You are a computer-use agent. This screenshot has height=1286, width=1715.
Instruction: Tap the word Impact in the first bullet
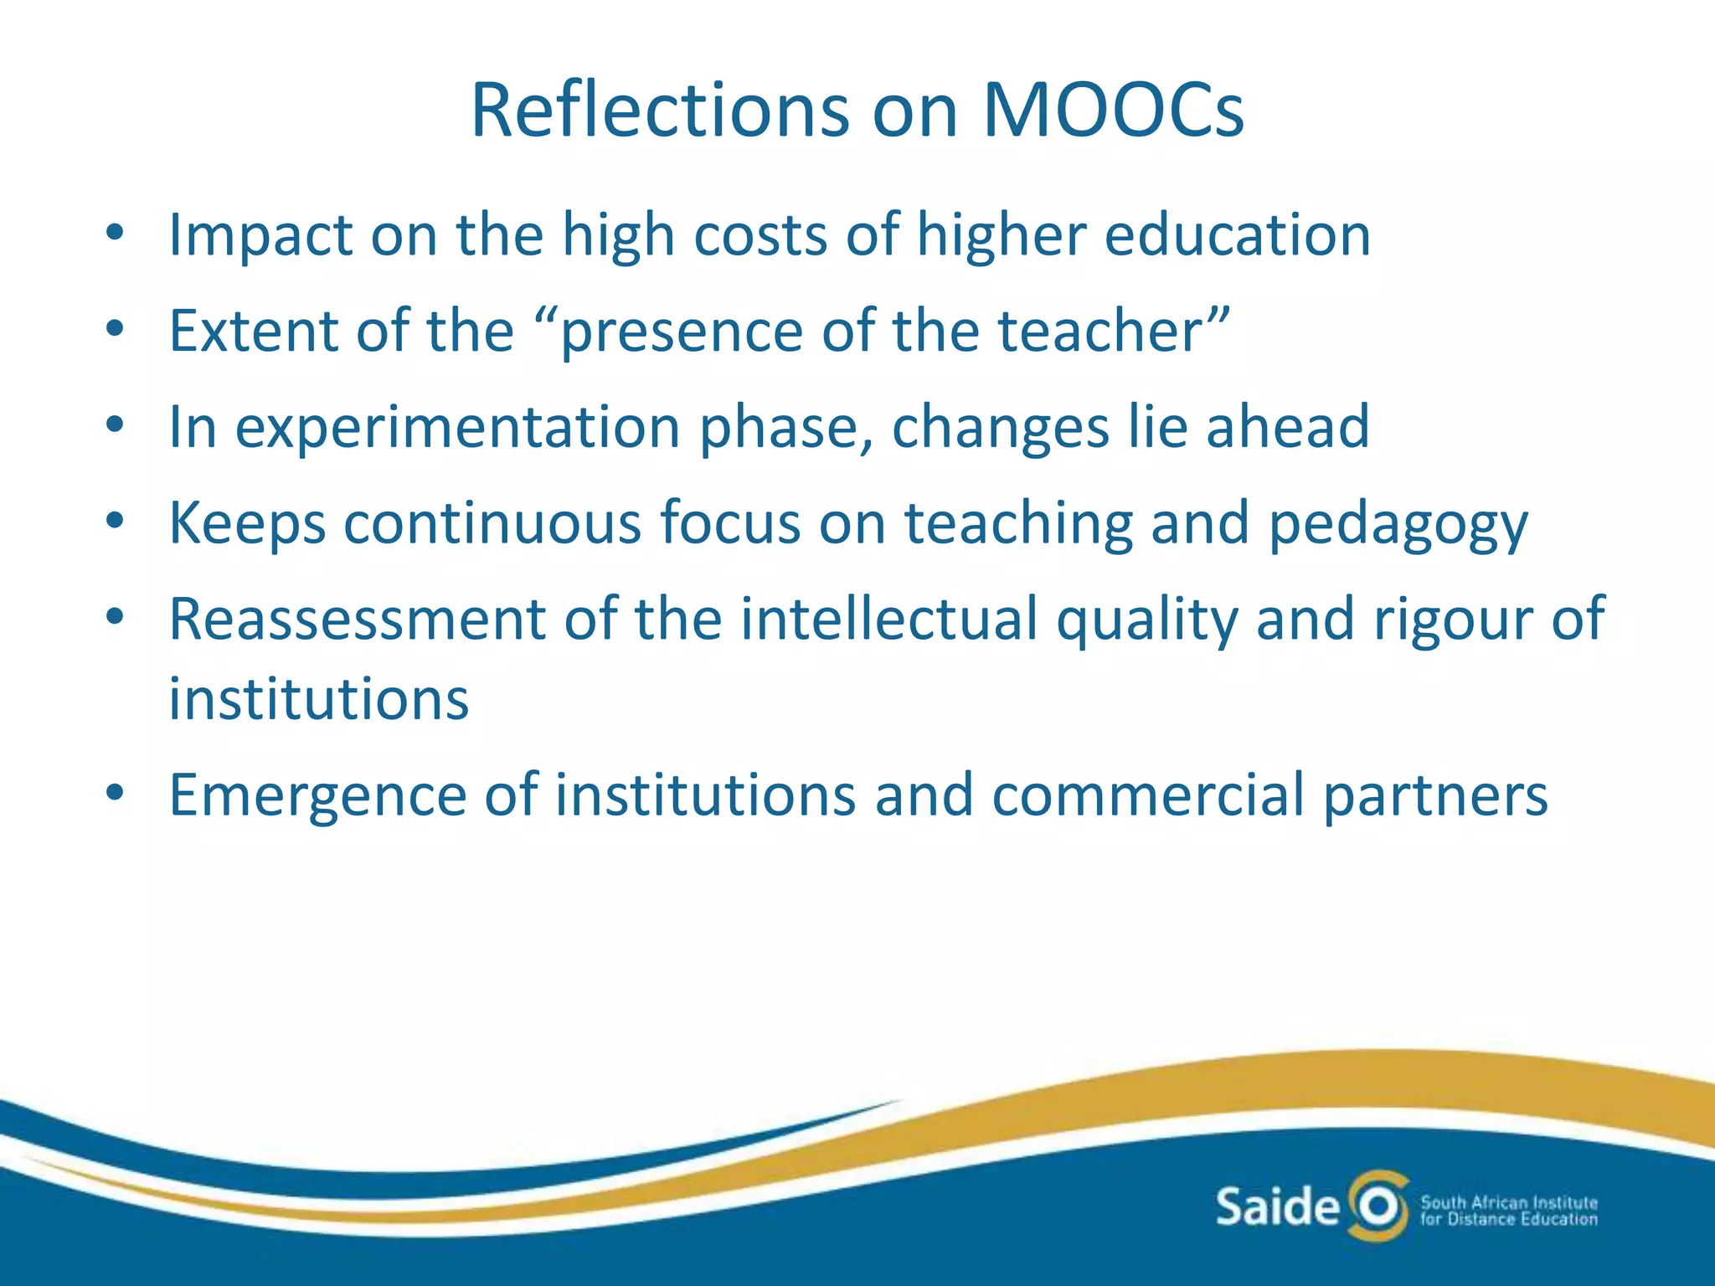point(260,235)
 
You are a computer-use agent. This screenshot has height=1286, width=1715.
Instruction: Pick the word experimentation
point(457,428)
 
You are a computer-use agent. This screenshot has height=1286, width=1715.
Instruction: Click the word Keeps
point(247,524)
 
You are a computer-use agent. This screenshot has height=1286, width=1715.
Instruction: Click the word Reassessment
point(357,620)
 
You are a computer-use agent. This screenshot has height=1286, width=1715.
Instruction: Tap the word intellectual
point(888,620)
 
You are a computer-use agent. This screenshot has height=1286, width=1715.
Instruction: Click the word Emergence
point(317,795)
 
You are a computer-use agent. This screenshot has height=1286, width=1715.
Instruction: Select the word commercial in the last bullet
point(1148,795)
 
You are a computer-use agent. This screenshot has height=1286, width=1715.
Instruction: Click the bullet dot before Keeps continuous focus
point(115,522)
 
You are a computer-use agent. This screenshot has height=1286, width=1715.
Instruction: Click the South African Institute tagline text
point(1508,1211)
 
